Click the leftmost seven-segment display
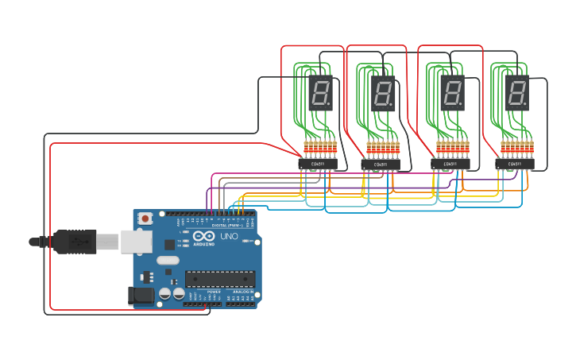click(320, 94)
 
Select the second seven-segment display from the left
click(383, 94)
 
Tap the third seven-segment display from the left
click(452, 94)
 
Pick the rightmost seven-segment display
click(516, 94)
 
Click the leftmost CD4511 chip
click(318, 164)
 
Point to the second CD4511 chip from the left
click(381, 165)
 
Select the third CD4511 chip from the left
click(450, 165)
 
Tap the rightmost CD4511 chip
click(515, 165)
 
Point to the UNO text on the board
click(229, 236)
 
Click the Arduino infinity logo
click(203, 236)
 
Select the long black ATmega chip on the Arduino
click(220, 279)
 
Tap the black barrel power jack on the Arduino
click(141, 296)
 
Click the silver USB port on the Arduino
click(136, 242)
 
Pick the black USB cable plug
click(75, 242)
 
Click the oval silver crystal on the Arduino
click(168, 260)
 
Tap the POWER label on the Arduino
click(215, 292)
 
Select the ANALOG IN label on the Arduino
click(242, 292)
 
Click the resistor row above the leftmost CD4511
click(320, 148)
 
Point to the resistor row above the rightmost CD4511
click(516, 147)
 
